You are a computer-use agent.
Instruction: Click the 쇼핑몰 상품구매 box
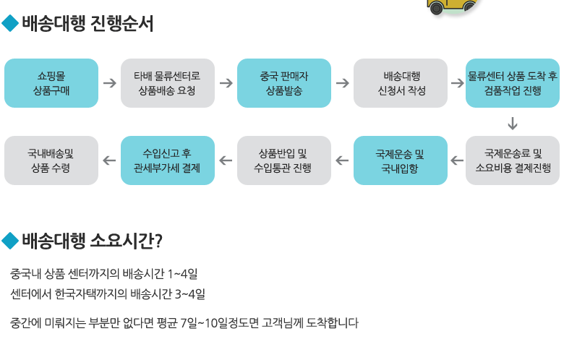tap(51, 83)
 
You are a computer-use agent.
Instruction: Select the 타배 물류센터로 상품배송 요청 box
tap(167, 83)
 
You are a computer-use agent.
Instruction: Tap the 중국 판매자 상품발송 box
tap(284, 83)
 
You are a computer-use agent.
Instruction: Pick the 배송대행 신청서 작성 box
tap(401, 83)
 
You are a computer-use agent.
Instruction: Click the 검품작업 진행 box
tap(513, 83)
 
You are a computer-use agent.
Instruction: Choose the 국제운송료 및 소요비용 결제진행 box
tap(513, 160)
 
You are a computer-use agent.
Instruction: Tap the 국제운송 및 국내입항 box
tap(400, 160)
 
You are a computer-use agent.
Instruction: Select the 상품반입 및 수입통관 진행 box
tap(283, 160)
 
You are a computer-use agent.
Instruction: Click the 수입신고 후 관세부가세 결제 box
tap(167, 160)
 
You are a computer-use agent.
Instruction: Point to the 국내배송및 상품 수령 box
tap(51, 160)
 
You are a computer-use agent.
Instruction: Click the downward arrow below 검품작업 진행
tap(513, 122)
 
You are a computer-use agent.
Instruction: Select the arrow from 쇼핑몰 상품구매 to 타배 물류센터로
tap(109, 83)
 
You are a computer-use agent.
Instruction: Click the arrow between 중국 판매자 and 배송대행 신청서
tap(342, 83)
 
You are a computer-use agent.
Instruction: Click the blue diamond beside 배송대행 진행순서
tap(10, 25)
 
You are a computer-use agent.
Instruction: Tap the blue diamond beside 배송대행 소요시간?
tap(10, 240)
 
